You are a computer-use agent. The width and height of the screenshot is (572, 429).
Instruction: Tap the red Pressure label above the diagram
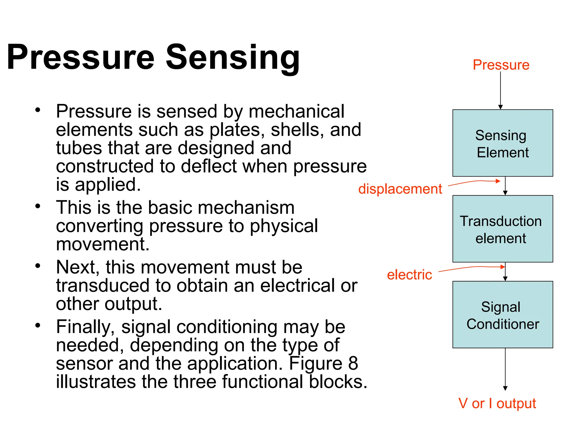[x=501, y=65]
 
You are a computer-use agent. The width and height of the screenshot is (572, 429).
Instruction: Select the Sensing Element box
[x=502, y=143]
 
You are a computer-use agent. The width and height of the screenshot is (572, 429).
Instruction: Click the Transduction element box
[x=502, y=229]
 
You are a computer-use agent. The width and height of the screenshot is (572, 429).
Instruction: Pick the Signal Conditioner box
[x=502, y=314]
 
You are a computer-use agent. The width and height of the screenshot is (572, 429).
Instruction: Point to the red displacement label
[x=400, y=189]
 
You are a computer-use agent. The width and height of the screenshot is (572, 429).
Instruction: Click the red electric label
[x=409, y=275]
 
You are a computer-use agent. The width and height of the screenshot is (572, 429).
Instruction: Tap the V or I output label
[x=497, y=403]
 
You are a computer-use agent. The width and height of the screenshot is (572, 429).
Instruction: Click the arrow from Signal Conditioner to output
[x=505, y=369]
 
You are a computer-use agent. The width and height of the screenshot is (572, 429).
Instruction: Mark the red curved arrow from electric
[x=472, y=268]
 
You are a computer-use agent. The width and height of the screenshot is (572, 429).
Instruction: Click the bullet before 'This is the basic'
[x=38, y=206]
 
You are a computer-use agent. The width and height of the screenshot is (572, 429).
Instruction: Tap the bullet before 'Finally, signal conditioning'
[x=38, y=325]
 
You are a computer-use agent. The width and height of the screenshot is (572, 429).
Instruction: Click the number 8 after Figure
[x=353, y=363]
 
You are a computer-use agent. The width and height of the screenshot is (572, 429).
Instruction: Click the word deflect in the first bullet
[x=209, y=166]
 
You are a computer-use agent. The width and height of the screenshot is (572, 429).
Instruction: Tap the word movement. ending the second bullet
[x=103, y=244]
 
